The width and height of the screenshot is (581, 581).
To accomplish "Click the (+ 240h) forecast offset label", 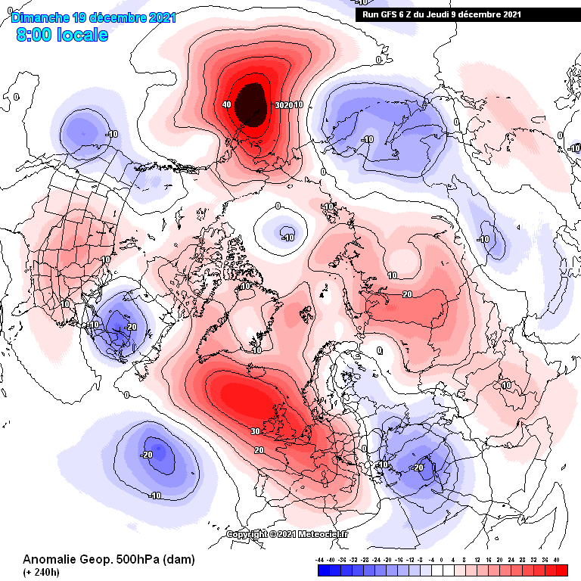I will coord(42,573).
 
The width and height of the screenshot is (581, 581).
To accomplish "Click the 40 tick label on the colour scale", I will coord(556,560).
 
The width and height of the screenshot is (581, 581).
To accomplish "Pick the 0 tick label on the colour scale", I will coord(441,560).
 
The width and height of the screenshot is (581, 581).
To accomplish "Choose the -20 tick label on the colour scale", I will coord(387,560).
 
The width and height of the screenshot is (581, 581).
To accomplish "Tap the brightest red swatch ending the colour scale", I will coord(561,570).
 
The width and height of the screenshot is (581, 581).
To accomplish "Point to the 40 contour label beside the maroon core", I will coord(227,104).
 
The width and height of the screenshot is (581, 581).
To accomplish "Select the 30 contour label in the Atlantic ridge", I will coord(256,432).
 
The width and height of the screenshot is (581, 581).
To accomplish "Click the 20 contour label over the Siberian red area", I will coord(407,294).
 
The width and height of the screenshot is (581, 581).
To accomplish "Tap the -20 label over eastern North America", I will coord(131,327).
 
